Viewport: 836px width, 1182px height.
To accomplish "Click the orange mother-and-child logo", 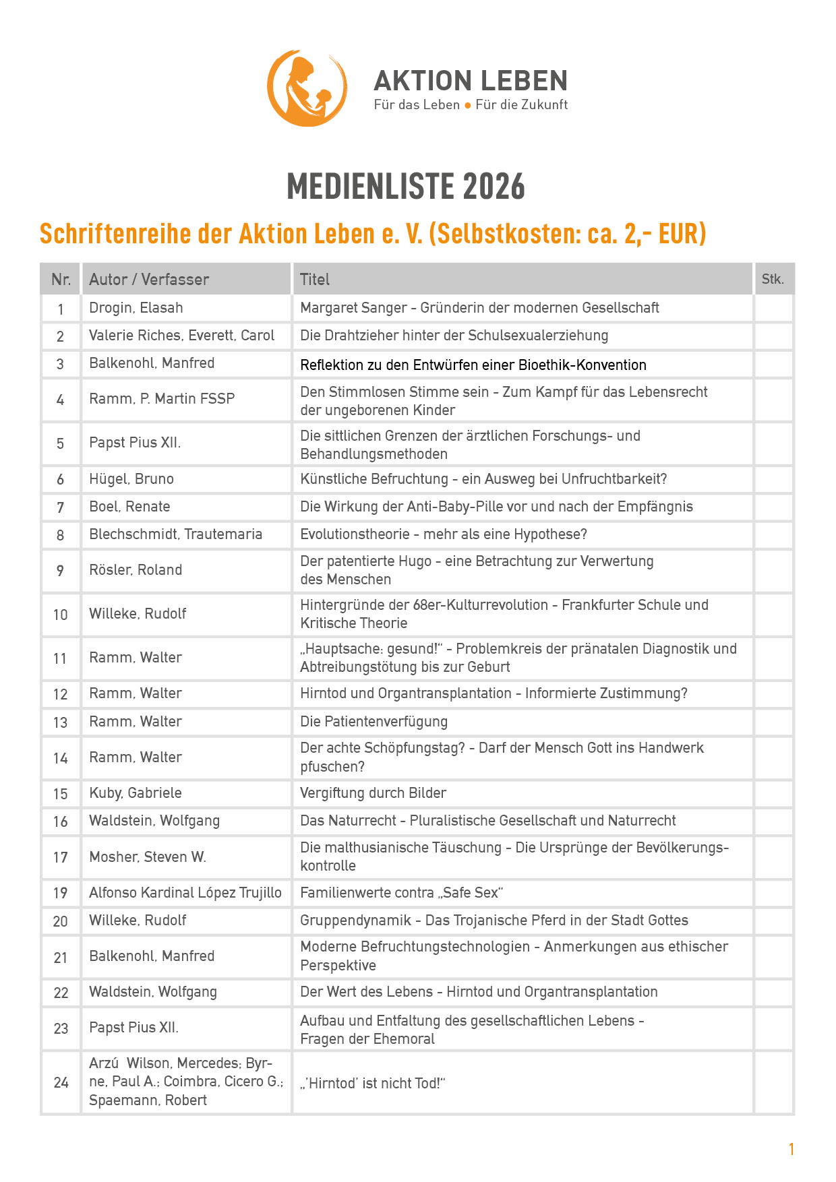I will pos(307,88).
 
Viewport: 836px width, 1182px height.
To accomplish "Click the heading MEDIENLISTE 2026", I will pos(406,187).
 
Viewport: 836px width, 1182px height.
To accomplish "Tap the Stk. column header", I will pos(773,279).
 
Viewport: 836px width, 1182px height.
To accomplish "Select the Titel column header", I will pos(315,279).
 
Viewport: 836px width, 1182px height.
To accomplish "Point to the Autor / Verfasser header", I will pos(149,279).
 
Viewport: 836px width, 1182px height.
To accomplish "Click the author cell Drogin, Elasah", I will pos(136,308).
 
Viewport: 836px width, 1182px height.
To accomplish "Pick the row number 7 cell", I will pos(61,507).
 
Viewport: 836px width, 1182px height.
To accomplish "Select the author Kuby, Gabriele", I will pos(136,793).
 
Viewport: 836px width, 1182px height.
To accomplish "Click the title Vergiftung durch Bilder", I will pos(373,793).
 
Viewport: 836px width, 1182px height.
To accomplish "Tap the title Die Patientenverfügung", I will pos(374,722).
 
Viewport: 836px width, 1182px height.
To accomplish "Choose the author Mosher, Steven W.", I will pos(148,857).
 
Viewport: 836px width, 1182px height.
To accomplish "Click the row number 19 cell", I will pos(61,893).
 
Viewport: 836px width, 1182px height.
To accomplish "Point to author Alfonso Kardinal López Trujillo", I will pos(185,893).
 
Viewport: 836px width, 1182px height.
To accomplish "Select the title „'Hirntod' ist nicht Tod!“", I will pos(373,1083).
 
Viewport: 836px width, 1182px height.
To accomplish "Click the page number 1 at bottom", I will pos(792,1149).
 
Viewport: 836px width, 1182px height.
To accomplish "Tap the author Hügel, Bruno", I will pos(131,479).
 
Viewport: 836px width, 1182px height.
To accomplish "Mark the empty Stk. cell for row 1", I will pos(773,309).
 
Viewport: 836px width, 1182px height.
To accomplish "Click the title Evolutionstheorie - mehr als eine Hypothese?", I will pos(444,534).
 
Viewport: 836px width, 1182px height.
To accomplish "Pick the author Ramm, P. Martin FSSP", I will pos(162,399).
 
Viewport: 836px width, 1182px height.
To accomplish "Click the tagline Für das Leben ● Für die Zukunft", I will pos(471,104).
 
